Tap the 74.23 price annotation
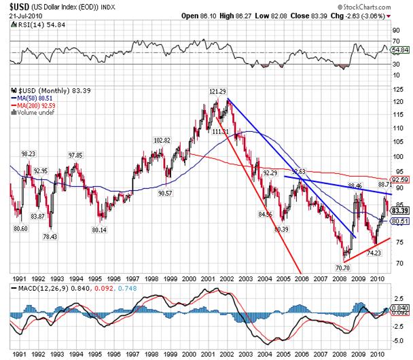(x=374, y=253)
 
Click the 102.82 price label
(x=162, y=140)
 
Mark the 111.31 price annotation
(x=220, y=132)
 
